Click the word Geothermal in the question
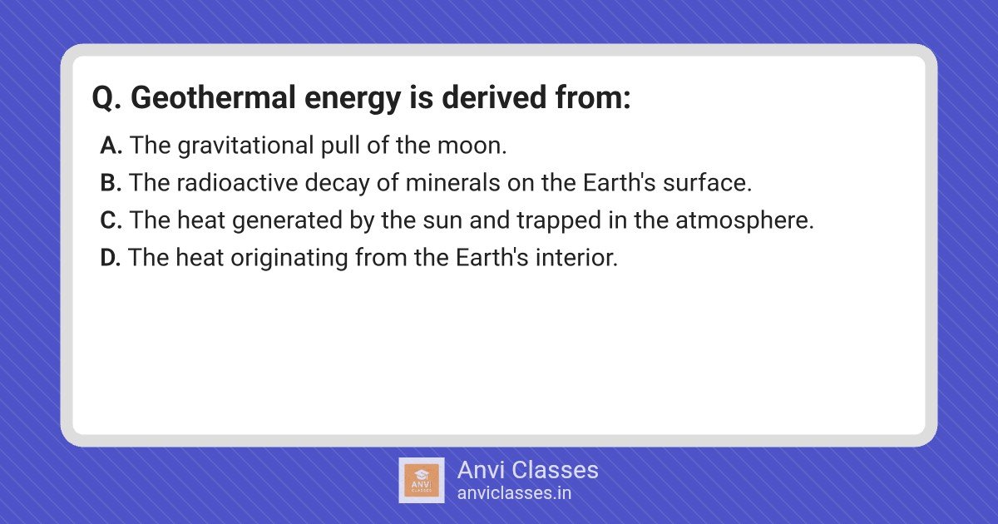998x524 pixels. tap(213, 97)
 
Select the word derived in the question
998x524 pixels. tap(494, 97)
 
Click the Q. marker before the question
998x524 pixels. tap(106, 98)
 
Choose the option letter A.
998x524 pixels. tap(111, 146)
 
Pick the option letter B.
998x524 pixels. tap(111, 183)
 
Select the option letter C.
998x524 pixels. tap(111, 220)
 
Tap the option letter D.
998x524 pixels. tap(111, 258)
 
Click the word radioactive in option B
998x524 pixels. tap(237, 183)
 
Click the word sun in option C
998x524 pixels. tap(442, 221)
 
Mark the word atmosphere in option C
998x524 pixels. tap(744, 221)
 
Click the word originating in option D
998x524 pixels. tap(289, 259)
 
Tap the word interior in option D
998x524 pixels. tap(576, 258)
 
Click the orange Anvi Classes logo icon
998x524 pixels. tap(422, 481)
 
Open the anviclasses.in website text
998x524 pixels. tap(514, 493)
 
